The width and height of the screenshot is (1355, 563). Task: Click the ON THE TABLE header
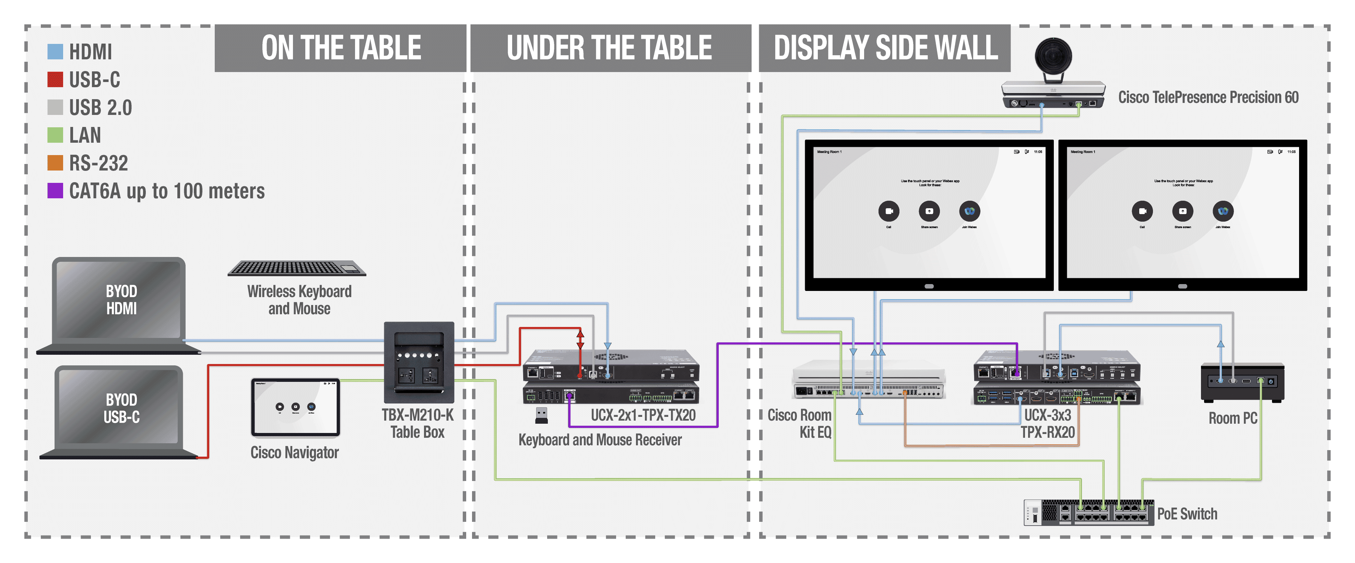[x=341, y=48]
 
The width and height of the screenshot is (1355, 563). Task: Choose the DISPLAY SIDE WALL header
[x=885, y=48]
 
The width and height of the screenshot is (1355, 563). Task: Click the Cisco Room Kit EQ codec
[x=869, y=380]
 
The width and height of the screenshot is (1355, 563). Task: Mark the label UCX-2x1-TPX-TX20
[x=643, y=415]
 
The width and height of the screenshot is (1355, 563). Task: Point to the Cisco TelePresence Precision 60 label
[x=1208, y=97]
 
